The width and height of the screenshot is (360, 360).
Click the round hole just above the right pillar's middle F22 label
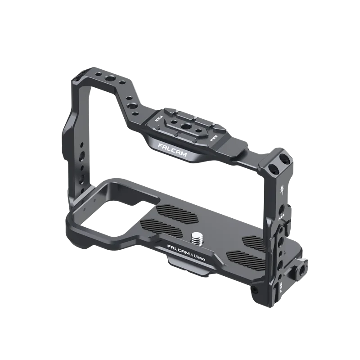tap(282, 208)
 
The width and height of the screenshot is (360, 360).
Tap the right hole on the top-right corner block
tap(283, 160)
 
